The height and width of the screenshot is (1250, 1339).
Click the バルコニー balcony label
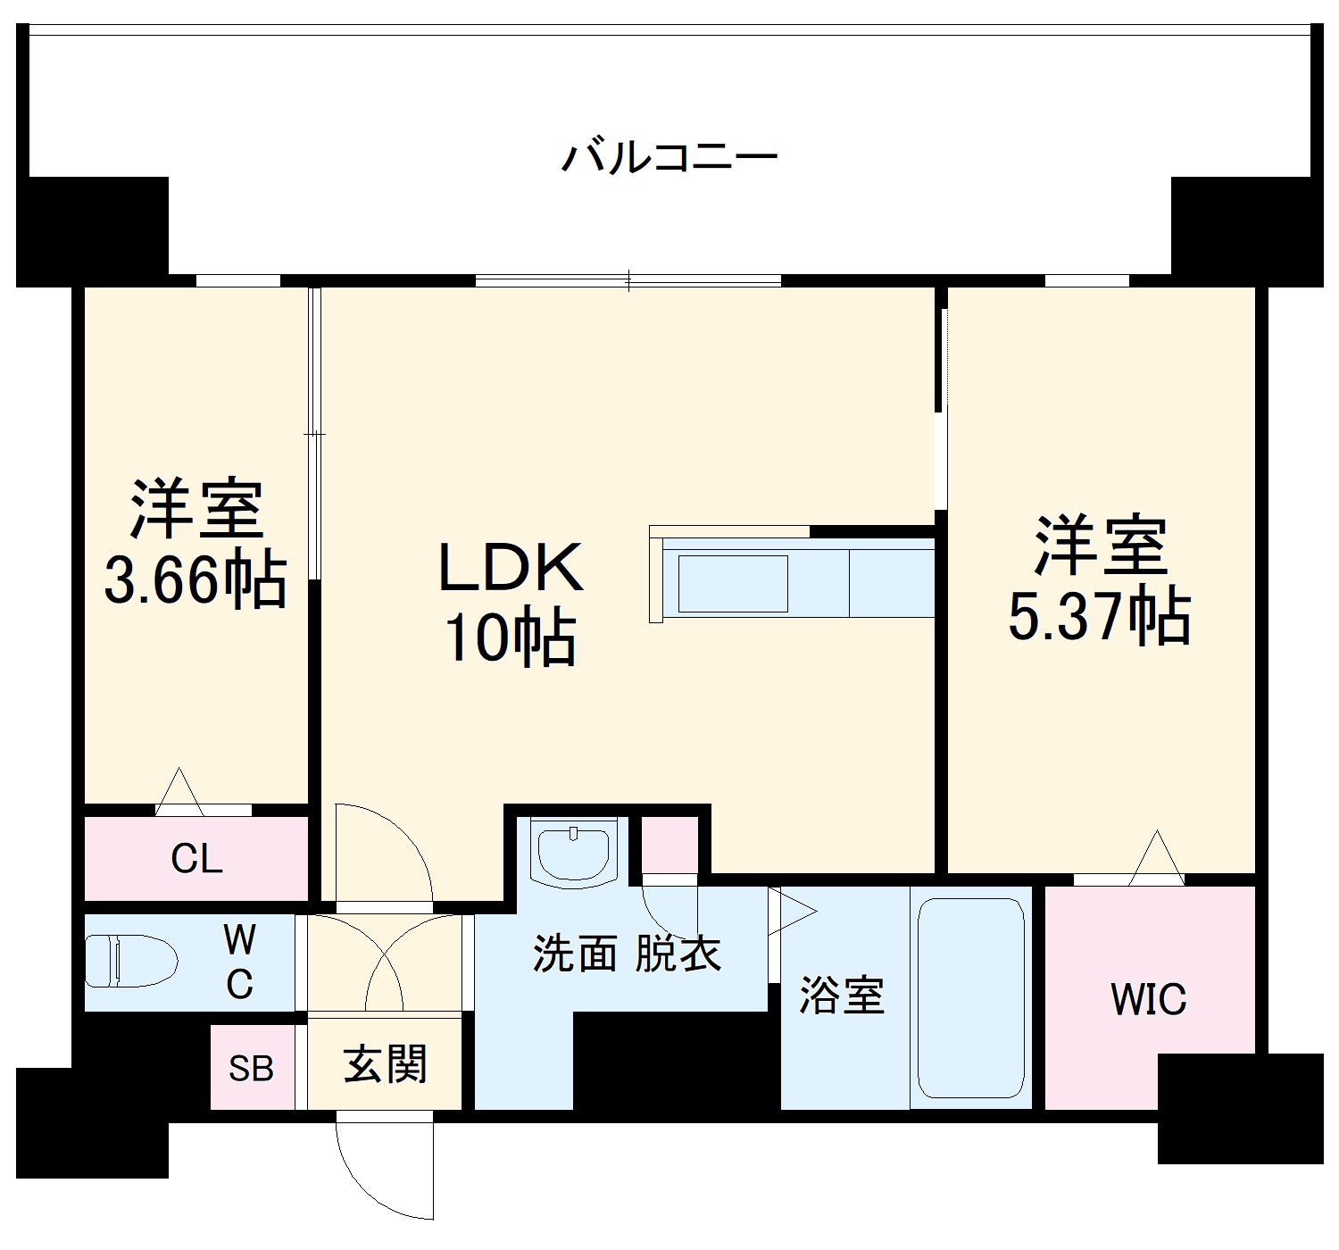coord(669,157)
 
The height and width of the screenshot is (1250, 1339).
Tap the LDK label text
coord(511,568)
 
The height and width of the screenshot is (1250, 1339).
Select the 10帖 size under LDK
coord(511,638)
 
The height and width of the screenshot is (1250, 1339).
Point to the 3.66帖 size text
coord(195,580)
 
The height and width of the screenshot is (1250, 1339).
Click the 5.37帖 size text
coord(1100,616)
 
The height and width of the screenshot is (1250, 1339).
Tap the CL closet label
coord(196,859)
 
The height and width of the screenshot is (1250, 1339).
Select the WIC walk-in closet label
coord(1148,999)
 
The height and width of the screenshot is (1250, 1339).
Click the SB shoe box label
coord(251,1069)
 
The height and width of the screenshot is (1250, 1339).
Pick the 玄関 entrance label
coord(386,1064)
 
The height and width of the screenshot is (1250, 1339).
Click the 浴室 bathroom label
coord(841,995)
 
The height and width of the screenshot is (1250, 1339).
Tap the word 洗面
coord(575,954)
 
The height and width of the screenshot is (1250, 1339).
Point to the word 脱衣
coord(678,954)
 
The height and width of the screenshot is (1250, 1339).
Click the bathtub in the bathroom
coord(970,997)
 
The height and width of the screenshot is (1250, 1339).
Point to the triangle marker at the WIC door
coord(1157,858)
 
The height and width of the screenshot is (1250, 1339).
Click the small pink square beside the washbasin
coord(669,845)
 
